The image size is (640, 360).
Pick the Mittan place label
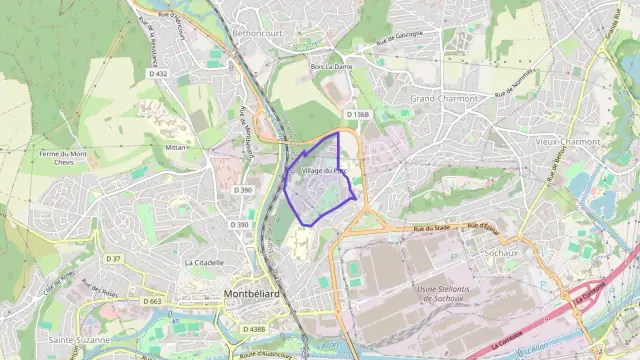tap(175, 146)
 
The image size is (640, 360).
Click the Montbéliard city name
tap(246, 294)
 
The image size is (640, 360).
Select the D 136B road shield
tap(358, 115)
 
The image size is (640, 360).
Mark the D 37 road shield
tap(113, 259)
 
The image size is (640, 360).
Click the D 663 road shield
tap(152, 300)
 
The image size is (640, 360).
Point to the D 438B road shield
tap(254, 329)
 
